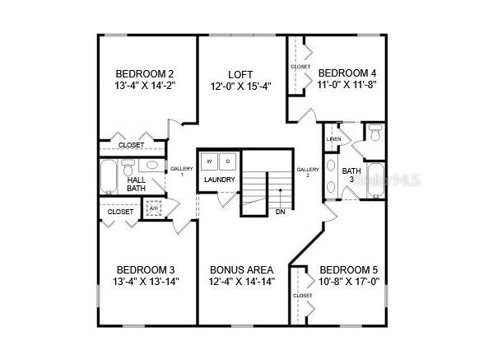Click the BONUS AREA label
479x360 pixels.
241,269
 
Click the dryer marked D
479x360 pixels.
228,161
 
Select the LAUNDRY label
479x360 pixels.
220,180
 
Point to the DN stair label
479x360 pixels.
281,212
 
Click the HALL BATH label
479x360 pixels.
136,184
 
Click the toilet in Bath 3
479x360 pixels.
374,133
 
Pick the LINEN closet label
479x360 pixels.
333,138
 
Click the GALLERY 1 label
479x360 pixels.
181,171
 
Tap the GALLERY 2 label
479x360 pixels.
308,172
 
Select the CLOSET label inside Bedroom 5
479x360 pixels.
302,296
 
